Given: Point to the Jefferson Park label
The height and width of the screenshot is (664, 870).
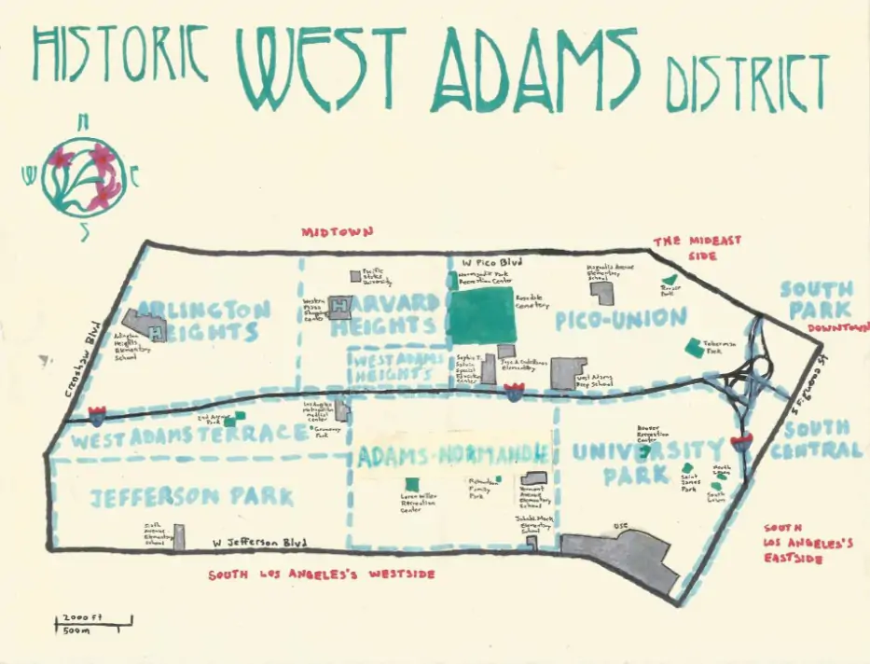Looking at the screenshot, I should coord(192,495).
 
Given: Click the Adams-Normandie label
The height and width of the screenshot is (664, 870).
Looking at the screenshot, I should coord(452,455).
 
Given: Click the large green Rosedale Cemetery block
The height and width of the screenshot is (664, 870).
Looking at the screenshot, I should coord(483,315).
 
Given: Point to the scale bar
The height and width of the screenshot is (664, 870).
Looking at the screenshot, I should coord(92,622).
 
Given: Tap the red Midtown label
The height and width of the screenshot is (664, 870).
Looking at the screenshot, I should coord(337,231).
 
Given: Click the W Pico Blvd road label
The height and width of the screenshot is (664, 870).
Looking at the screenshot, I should coord(484,262).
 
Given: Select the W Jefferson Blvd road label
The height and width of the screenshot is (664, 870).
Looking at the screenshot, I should coord(259,541).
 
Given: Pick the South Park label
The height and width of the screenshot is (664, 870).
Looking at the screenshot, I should coord(816,299).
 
